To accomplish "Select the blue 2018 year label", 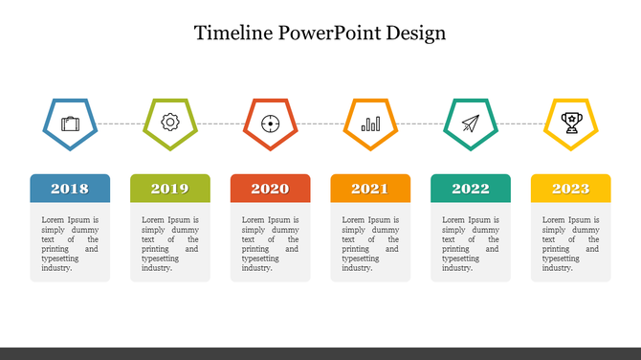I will click(x=70, y=189).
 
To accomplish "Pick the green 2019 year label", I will click(x=169, y=189).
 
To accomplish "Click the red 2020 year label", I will click(x=270, y=189).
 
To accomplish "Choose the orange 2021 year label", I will click(x=370, y=189).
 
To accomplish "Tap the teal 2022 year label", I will click(x=471, y=189).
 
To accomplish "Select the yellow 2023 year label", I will click(x=570, y=189).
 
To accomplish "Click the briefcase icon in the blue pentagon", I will click(x=70, y=124).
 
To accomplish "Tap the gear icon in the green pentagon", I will click(x=170, y=123).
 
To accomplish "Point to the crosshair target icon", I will click(x=270, y=123).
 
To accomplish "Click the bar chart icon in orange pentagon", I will click(x=370, y=124).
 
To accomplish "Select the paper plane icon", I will click(x=471, y=123).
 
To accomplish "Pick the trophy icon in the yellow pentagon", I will click(x=571, y=123).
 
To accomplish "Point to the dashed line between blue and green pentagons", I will click(x=121, y=124).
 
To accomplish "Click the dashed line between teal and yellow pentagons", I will click(x=521, y=124).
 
